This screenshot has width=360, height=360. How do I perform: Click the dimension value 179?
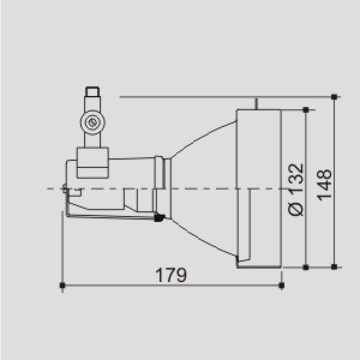(x=171, y=275)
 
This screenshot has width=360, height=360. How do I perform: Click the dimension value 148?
(x=324, y=185)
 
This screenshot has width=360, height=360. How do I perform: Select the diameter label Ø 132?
(x=296, y=190)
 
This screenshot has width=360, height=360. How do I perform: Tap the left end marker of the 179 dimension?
(x=62, y=286)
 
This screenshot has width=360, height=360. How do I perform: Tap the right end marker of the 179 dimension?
(x=281, y=286)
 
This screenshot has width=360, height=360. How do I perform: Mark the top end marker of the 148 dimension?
(x=334, y=97)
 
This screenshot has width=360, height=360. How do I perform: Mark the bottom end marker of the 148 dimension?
(x=334, y=267)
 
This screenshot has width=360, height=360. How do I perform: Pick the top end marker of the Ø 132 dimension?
(x=306, y=110)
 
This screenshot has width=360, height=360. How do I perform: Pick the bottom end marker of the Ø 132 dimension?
(x=306, y=267)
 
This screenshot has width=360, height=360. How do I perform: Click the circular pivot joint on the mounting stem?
(x=92, y=122)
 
